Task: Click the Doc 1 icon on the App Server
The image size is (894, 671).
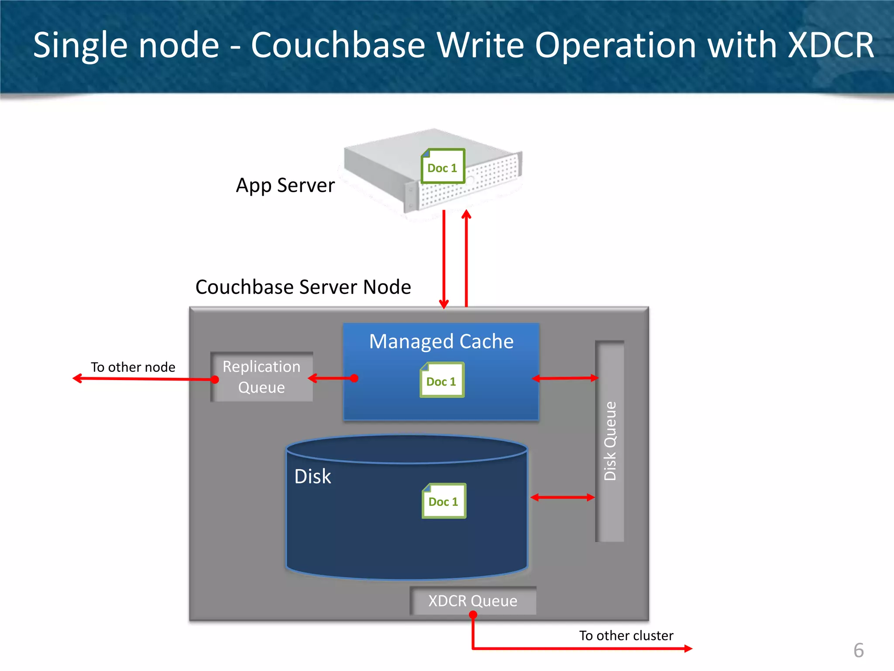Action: pyautogui.click(x=443, y=166)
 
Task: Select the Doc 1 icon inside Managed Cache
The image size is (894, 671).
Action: pyautogui.click(x=442, y=380)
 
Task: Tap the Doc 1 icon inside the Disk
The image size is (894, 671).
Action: pyautogui.click(x=444, y=501)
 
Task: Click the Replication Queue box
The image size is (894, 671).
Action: pyautogui.click(x=262, y=377)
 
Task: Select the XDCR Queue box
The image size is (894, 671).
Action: pyautogui.click(x=473, y=601)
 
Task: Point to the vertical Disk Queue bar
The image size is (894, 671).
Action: pyautogui.click(x=610, y=441)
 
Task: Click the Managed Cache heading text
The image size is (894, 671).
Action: pyautogui.click(x=441, y=341)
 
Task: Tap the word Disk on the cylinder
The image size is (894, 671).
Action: pyautogui.click(x=313, y=477)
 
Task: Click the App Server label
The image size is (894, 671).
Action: pyautogui.click(x=285, y=185)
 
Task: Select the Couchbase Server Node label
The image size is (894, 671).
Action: pyautogui.click(x=303, y=287)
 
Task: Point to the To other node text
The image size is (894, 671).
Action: pyautogui.click(x=133, y=367)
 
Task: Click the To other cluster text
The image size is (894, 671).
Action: pyautogui.click(x=626, y=635)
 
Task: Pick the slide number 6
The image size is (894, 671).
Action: pyautogui.click(x=858, y=650)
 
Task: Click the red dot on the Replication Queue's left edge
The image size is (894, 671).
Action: pyautogui.click(x=215, y=380)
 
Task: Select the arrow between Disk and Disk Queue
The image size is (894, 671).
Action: pyautogui.click(x=563, y=497)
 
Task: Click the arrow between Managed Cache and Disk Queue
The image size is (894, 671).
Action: pyautogui.click(x=565, y=378)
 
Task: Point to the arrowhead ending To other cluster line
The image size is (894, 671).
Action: pyautogui.click(x=688, y=649)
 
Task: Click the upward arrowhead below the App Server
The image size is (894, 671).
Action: pyautogui.click(x=466, y=214)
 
